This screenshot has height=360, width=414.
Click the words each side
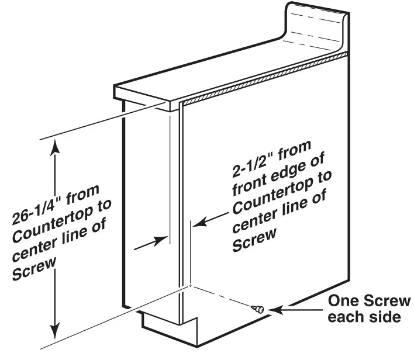[364, 319]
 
